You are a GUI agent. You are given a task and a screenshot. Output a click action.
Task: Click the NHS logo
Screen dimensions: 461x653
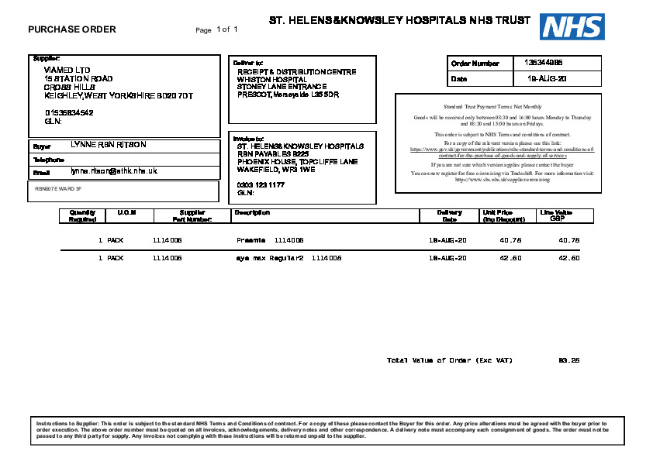pos(573,27)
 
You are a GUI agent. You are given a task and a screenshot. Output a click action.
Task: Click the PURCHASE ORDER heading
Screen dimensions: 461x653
pos(72,30)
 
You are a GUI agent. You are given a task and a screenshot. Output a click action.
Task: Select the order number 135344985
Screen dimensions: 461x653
pos(544,62)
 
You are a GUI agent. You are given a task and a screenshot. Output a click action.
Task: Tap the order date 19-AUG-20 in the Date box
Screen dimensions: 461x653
pos(548,79)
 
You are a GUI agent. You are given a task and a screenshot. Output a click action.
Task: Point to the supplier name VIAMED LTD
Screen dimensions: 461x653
pos(67,71)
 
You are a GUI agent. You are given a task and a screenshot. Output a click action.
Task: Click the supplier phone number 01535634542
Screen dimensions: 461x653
pos(69,113)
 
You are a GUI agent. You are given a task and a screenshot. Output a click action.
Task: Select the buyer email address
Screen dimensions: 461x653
pos(114,170)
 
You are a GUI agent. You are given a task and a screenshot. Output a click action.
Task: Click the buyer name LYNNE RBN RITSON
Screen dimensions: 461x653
pos(108,145)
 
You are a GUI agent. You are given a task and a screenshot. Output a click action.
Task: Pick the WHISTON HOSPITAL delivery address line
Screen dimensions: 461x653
pos(272,80)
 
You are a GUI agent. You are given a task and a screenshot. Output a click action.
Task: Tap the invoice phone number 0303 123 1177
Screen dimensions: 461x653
pos(261,185)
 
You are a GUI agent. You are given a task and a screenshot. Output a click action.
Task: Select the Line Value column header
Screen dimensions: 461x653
pos(556,215)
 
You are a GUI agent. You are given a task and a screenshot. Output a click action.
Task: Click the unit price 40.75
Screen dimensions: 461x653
pos(510,240)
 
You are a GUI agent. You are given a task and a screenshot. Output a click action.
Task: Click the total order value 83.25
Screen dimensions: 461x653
pos(568,360)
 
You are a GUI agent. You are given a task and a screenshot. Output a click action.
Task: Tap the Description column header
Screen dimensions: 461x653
pos(252,212)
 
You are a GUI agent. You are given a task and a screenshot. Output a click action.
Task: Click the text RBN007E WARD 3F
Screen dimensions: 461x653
pos(58,188)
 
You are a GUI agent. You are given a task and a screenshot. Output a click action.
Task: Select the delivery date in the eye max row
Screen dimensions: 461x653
pos(448,258)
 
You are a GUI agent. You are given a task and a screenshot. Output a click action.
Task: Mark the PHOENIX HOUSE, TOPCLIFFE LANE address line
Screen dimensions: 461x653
pos(297,161)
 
